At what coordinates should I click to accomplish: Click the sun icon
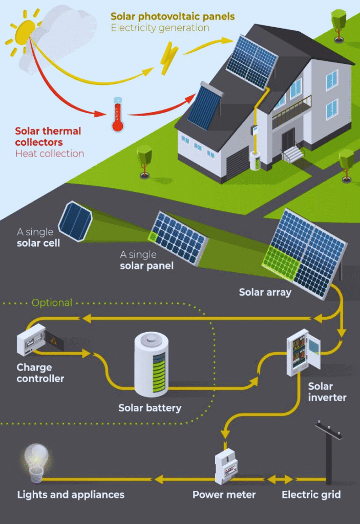click(25, 32)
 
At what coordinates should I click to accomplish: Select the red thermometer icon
click(118, 115)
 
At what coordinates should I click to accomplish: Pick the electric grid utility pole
click(328, 450)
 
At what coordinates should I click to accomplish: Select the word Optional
click(52, 302)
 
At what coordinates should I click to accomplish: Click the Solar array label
click(265, 293)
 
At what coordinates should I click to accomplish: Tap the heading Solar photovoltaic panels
click(173, 16)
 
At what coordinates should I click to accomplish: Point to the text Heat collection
click(49, 154)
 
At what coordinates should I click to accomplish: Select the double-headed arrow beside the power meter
click(279, 479)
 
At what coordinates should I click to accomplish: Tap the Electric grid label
click(311, 495)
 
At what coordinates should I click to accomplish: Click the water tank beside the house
click(255, 160)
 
